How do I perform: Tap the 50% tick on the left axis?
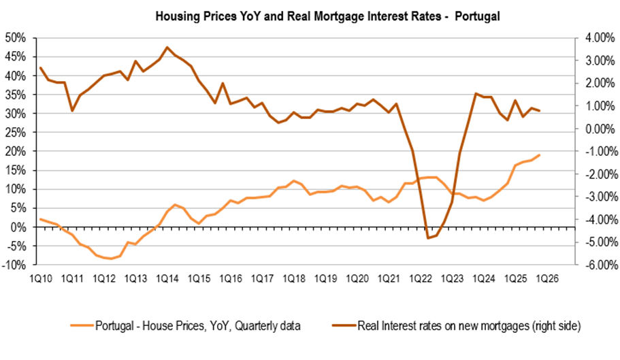(16, 37)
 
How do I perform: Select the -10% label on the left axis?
(16, 265)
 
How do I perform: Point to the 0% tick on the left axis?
(20, 227)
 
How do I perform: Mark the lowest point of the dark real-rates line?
(427, 238)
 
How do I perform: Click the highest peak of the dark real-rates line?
(167, 47)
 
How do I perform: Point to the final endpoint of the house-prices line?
(540, 155)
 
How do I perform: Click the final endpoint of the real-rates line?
(540, 110)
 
